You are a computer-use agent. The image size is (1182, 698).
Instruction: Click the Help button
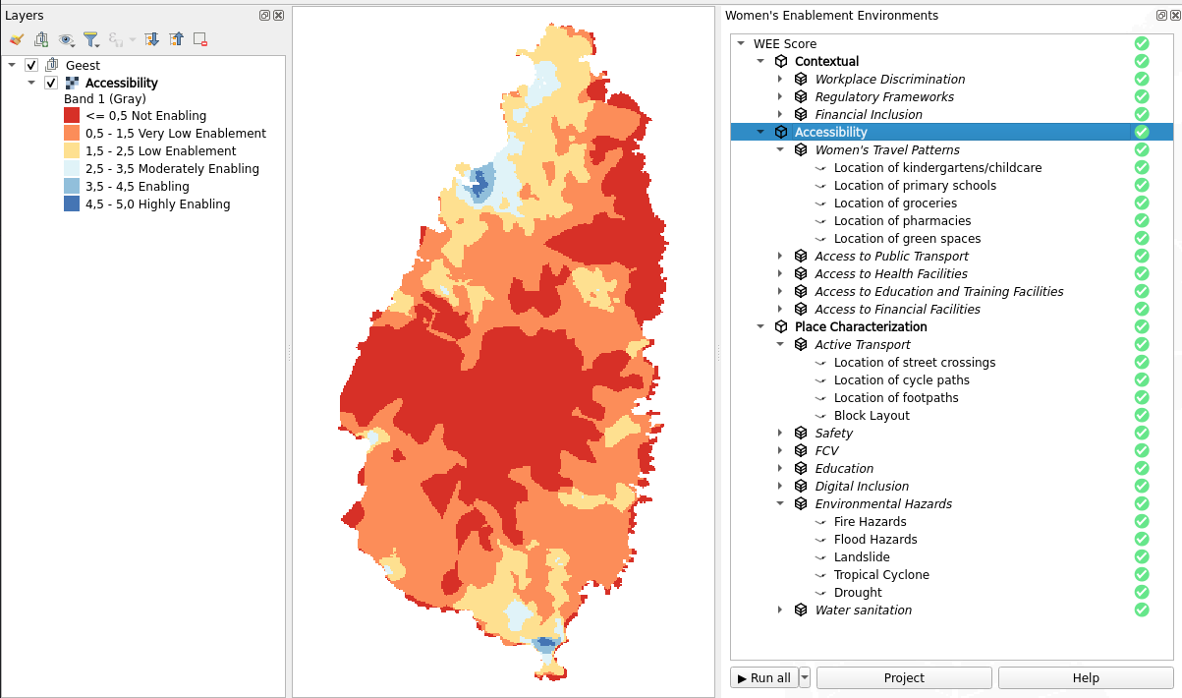(1085, 677)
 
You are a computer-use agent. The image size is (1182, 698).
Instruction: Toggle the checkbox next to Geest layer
(31, 65)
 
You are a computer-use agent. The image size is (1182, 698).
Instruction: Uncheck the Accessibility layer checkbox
(51, 83)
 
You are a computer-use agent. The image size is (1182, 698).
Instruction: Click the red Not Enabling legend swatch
(72, 115)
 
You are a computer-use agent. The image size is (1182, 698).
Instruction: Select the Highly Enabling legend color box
(72, 204)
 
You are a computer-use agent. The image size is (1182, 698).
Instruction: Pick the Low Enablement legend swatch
(72, 150)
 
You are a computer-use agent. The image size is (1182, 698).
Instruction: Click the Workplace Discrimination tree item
(889, 79)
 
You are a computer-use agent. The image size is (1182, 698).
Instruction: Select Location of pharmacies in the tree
(902, 220)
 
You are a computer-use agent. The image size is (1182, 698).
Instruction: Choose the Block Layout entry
(872, 415)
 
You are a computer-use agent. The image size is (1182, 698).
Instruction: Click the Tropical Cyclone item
(881, 574)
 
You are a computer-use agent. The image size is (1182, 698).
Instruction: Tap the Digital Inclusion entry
(862, 486)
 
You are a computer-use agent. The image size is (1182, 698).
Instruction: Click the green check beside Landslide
(1141, 556)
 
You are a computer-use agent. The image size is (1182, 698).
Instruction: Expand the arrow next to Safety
(780, 433)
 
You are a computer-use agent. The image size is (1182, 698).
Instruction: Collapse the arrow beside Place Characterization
(760, 326)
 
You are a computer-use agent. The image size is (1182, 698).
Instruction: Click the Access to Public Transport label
(891, 256)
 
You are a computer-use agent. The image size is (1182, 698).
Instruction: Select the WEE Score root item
(784, 43)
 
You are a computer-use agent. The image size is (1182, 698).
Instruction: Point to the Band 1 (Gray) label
(104, 98)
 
